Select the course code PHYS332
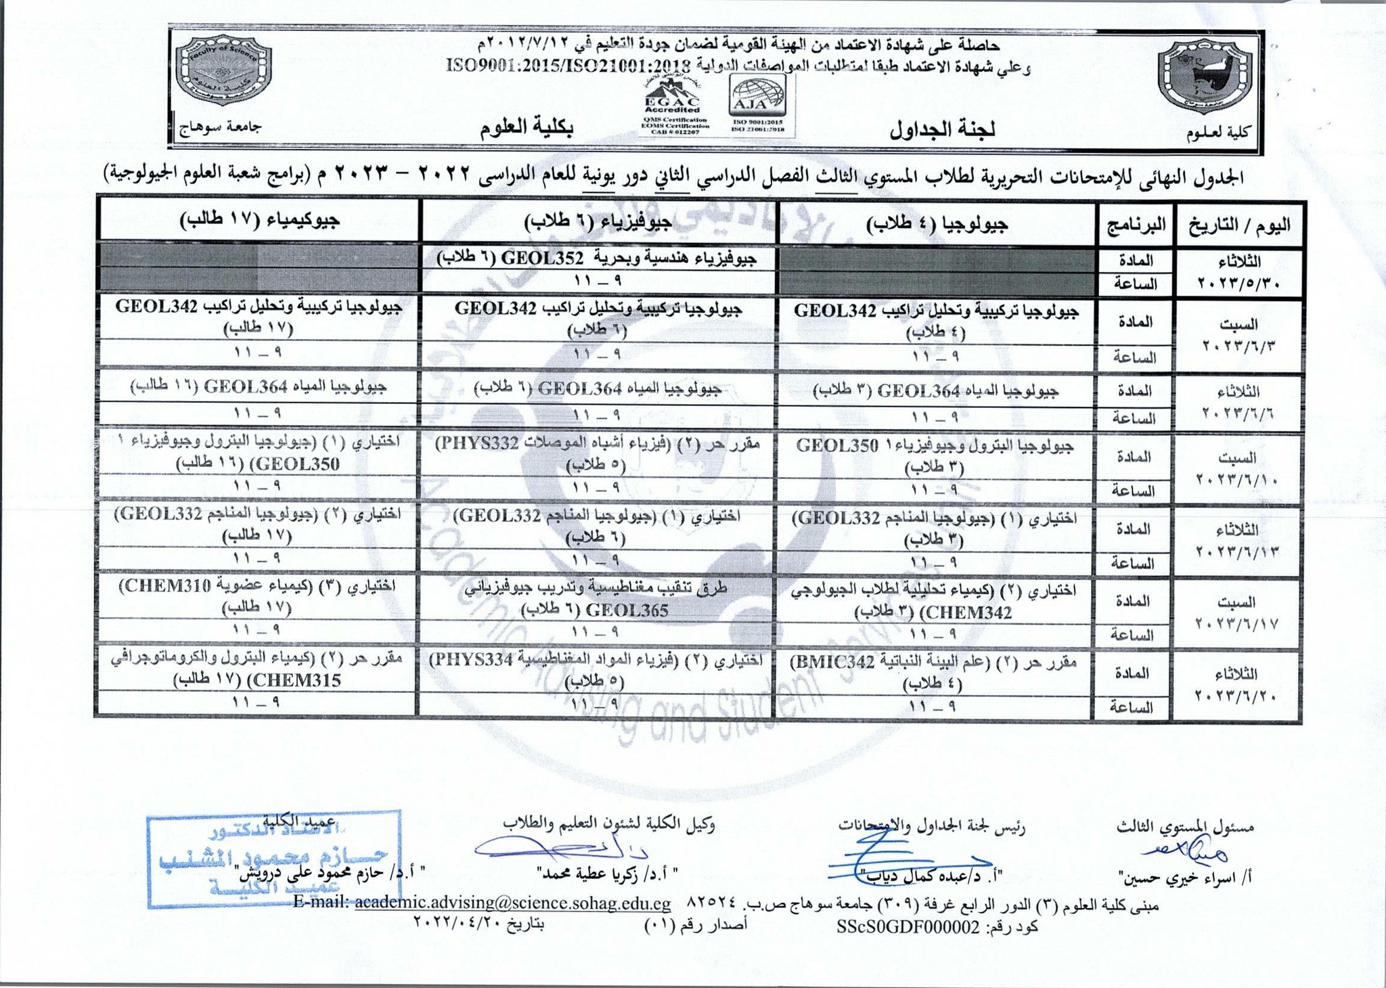[x=478, y=444]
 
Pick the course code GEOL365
[x=628, y=610]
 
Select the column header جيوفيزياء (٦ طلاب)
[x=600, y=221]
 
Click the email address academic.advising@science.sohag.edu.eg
[x=512, y=903]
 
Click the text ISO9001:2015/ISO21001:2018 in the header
[x=568, y=66]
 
